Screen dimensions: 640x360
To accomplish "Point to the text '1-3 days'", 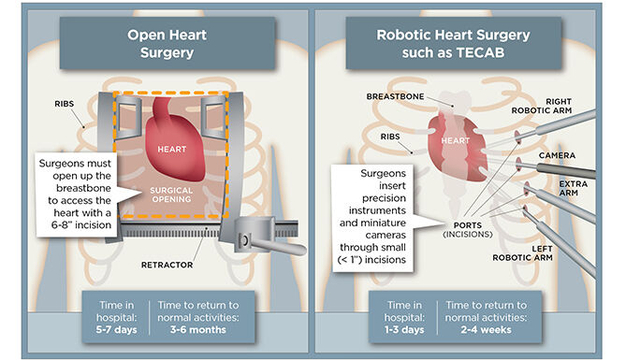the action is click(402, 327).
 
